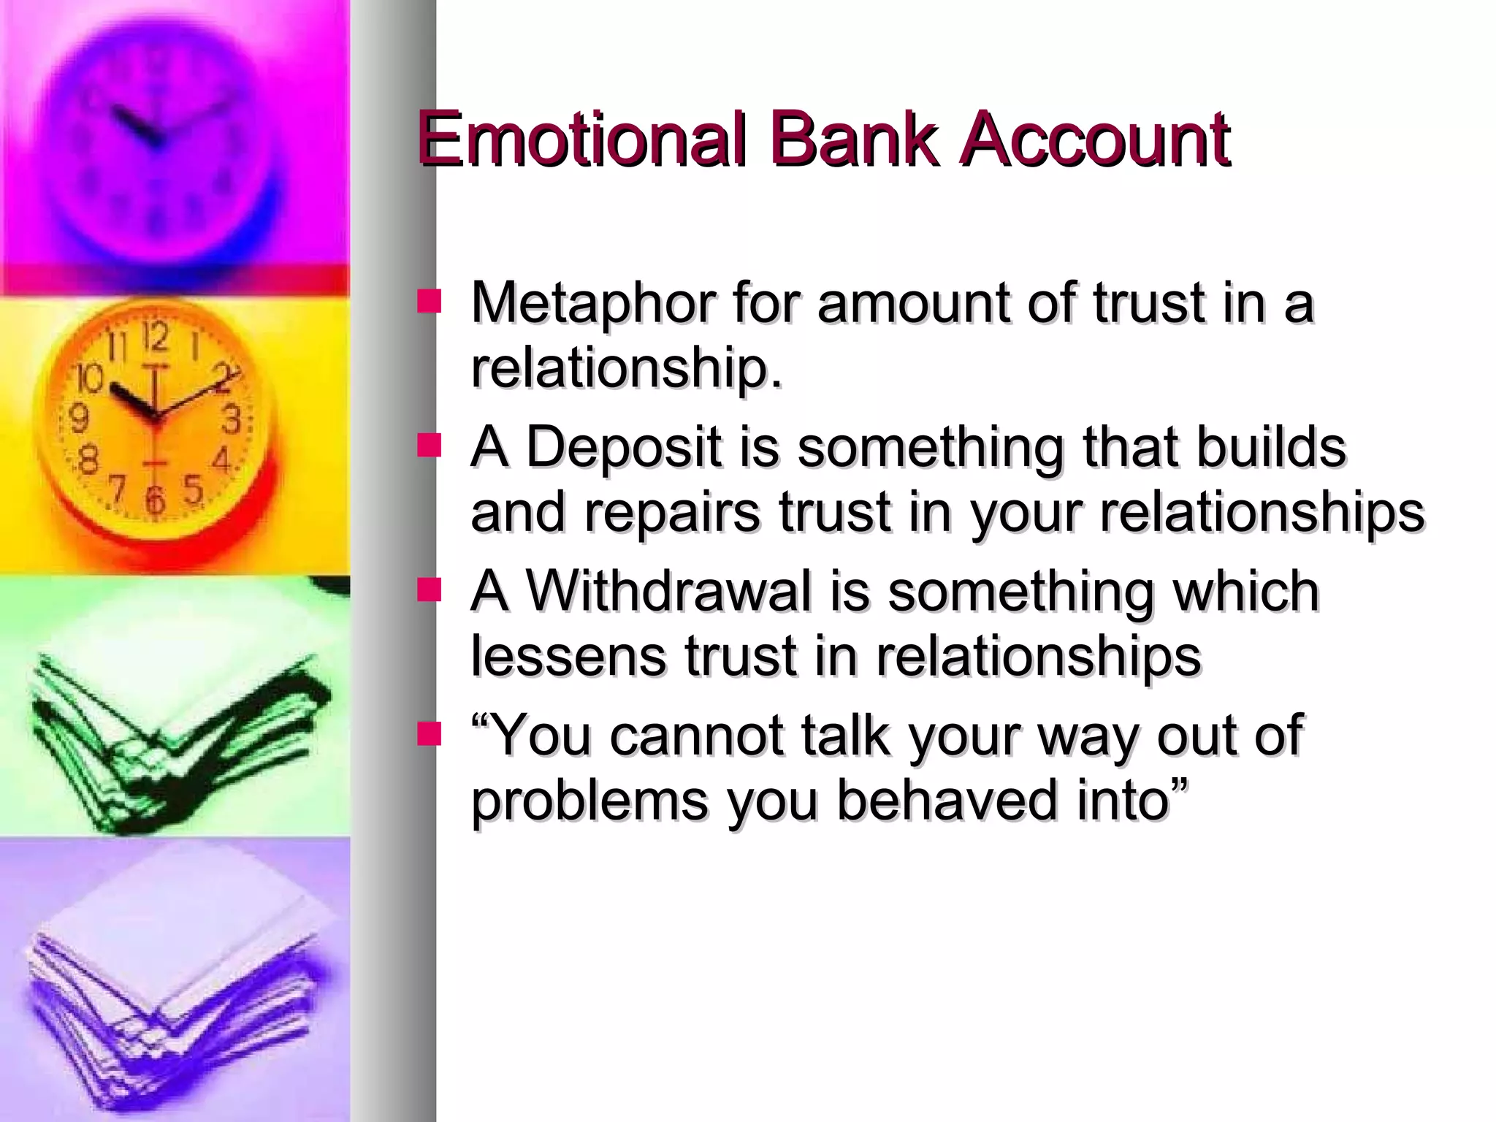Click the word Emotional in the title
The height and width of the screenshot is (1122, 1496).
click(581, 139)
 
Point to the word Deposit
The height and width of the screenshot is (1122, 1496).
click(623, 446)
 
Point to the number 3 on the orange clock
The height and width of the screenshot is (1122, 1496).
click(231, 421)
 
